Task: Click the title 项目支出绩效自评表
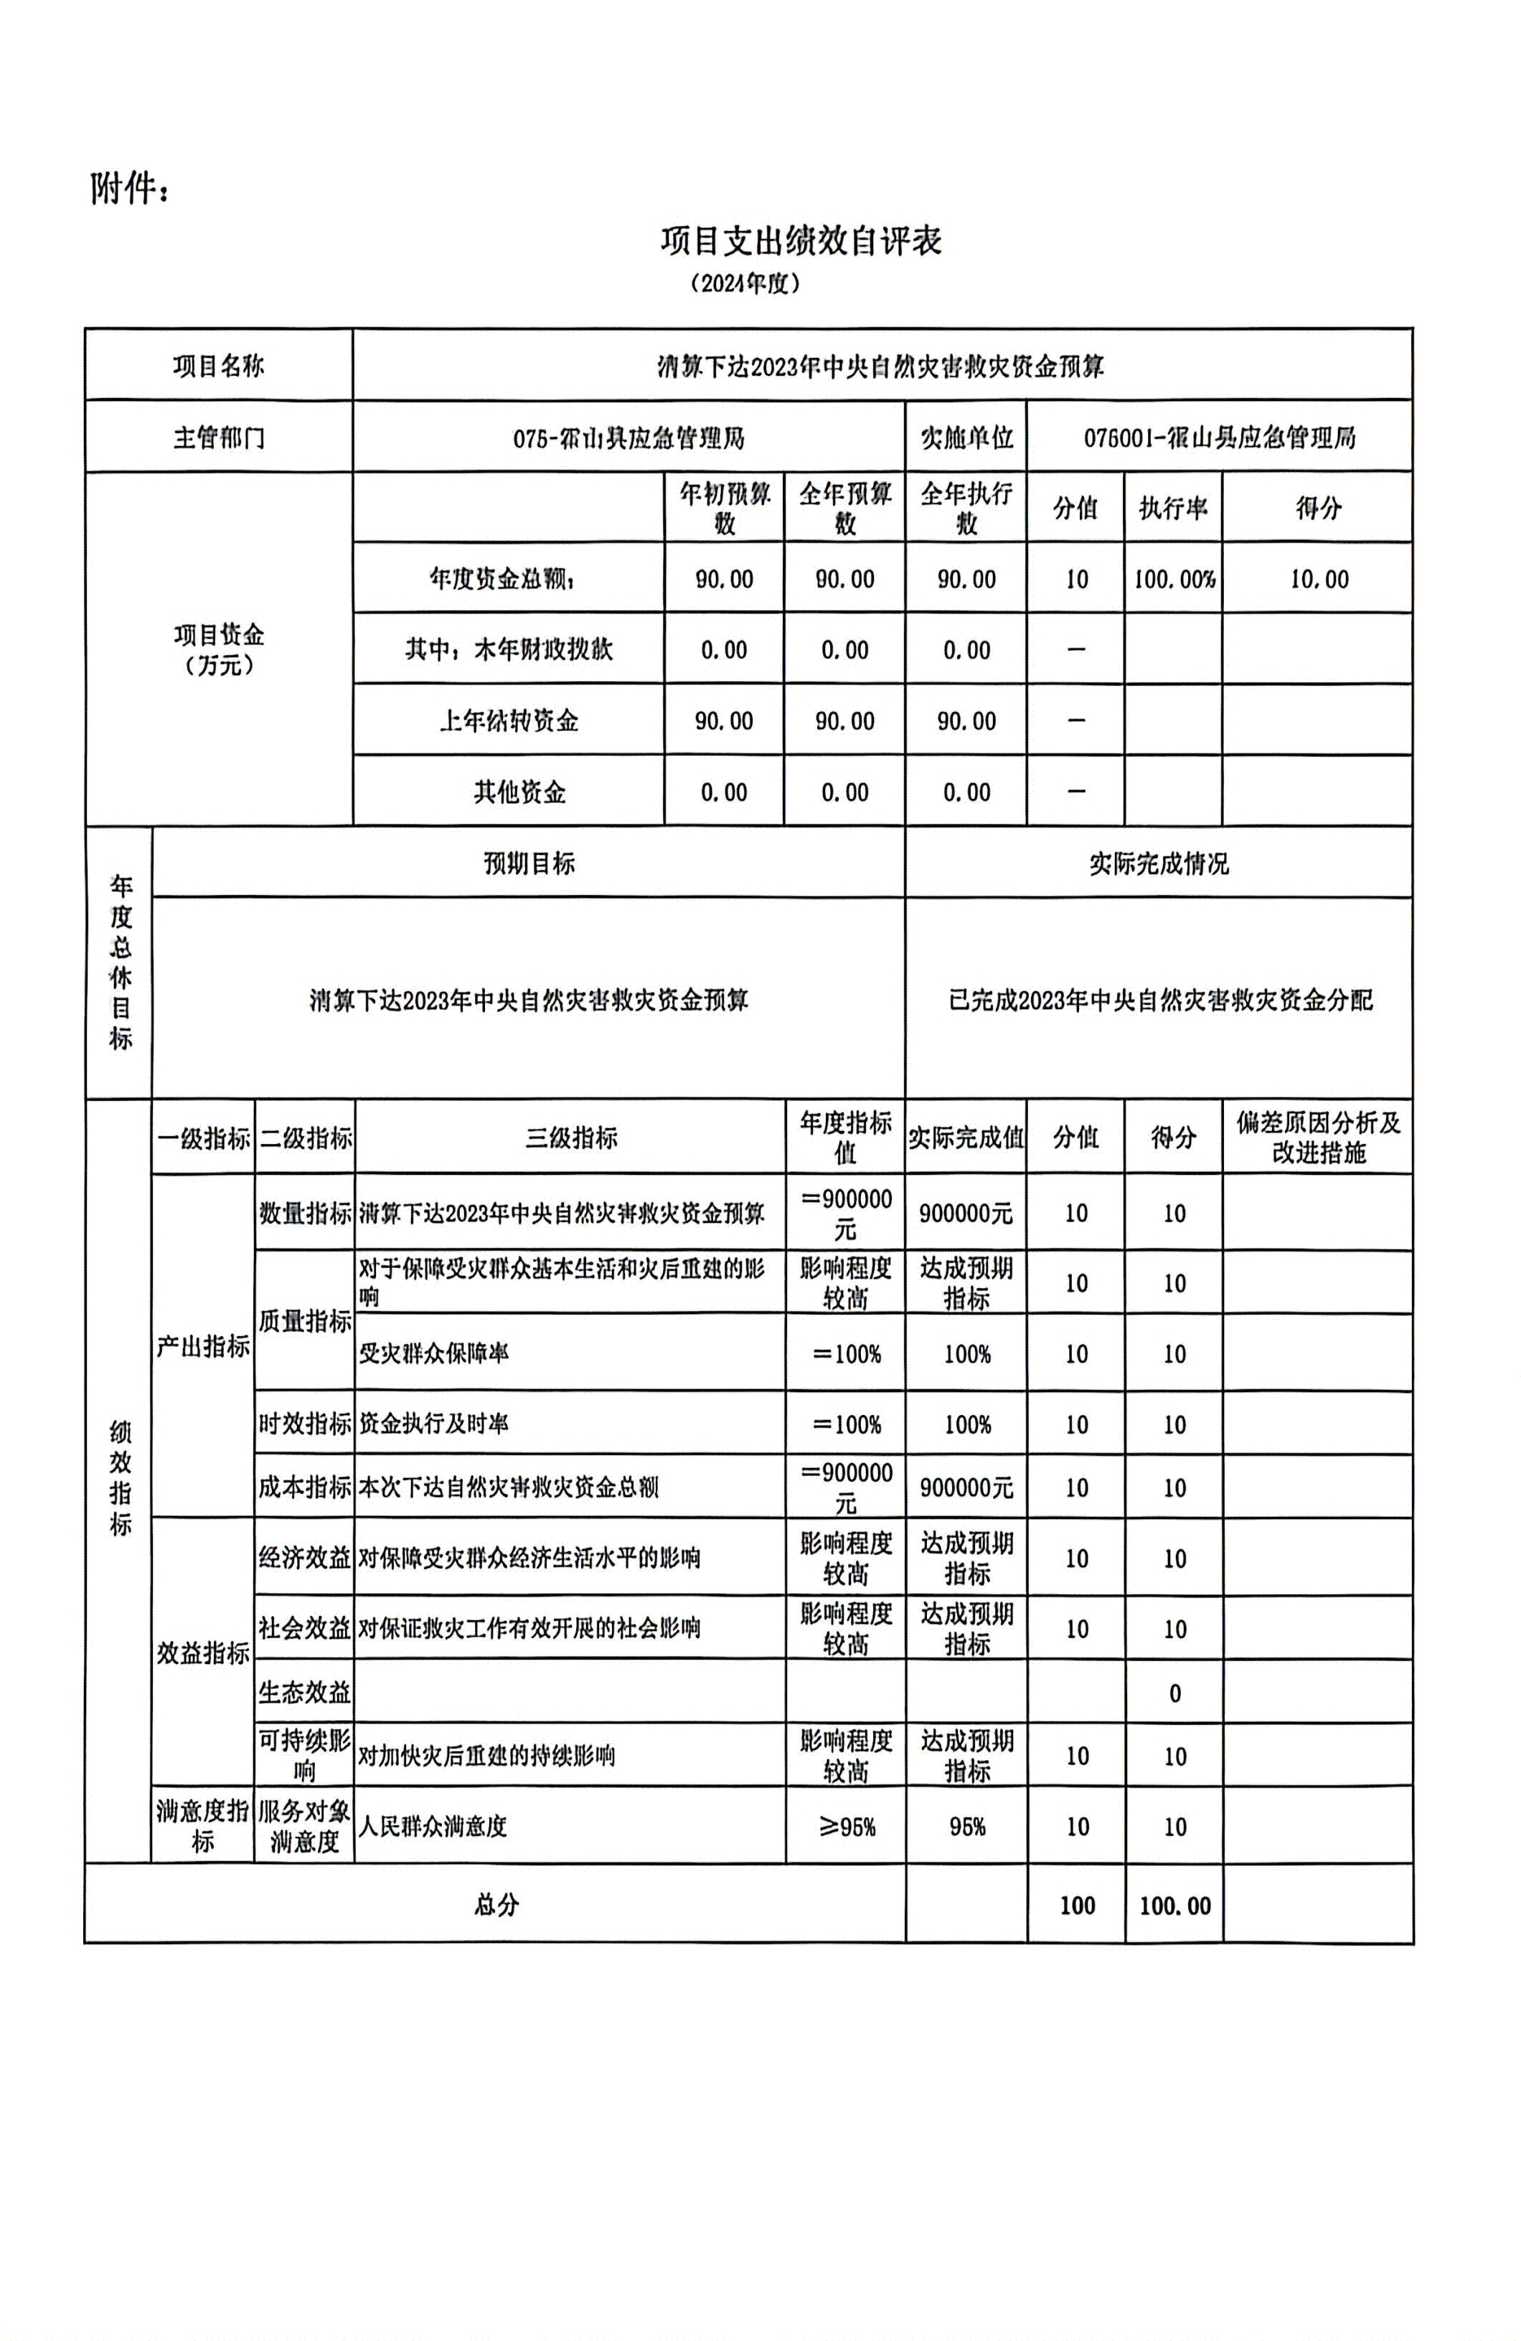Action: coord(801,240)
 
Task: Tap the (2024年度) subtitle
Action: coord(745,284)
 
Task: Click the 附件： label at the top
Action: coord(130,188)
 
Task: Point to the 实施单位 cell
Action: coord(965,438)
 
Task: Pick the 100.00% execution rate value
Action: coord(1174,580)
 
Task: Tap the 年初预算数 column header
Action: coord(724,508)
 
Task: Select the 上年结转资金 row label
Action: coord(508,721)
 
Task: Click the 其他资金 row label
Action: coord(519,792)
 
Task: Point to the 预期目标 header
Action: coord(528,864)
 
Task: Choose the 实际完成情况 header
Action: coord(1158,864)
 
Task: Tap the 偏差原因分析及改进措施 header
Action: coord(1317,1137)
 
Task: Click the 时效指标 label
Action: coord(304,1423)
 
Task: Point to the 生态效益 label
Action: coord(304,1693)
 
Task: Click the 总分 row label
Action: coord(495,1905)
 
